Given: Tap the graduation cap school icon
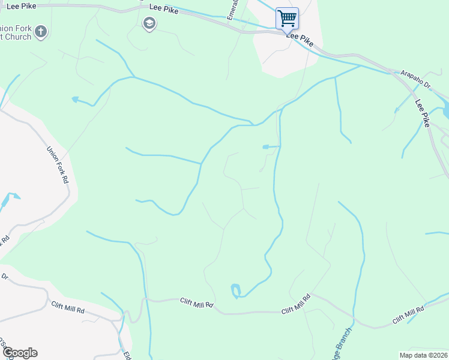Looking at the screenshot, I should [x=148, y=23].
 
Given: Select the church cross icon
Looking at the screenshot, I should [x=40, y=31].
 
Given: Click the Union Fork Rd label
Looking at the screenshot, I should [x=58, y=166].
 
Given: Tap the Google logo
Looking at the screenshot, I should [x=20, y=353].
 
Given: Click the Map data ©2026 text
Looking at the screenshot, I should [x=423, y=355].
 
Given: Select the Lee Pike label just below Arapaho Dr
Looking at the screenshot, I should [x=423, y=112].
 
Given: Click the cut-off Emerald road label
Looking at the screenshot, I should [x=234, y=10].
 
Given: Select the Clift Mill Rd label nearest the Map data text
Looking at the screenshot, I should [x=408, y=314].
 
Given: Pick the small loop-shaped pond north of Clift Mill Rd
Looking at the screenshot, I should [x=235, y=291].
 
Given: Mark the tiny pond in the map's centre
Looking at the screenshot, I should [x=267, y=146].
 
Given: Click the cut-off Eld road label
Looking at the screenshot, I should [x=127, y=354].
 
